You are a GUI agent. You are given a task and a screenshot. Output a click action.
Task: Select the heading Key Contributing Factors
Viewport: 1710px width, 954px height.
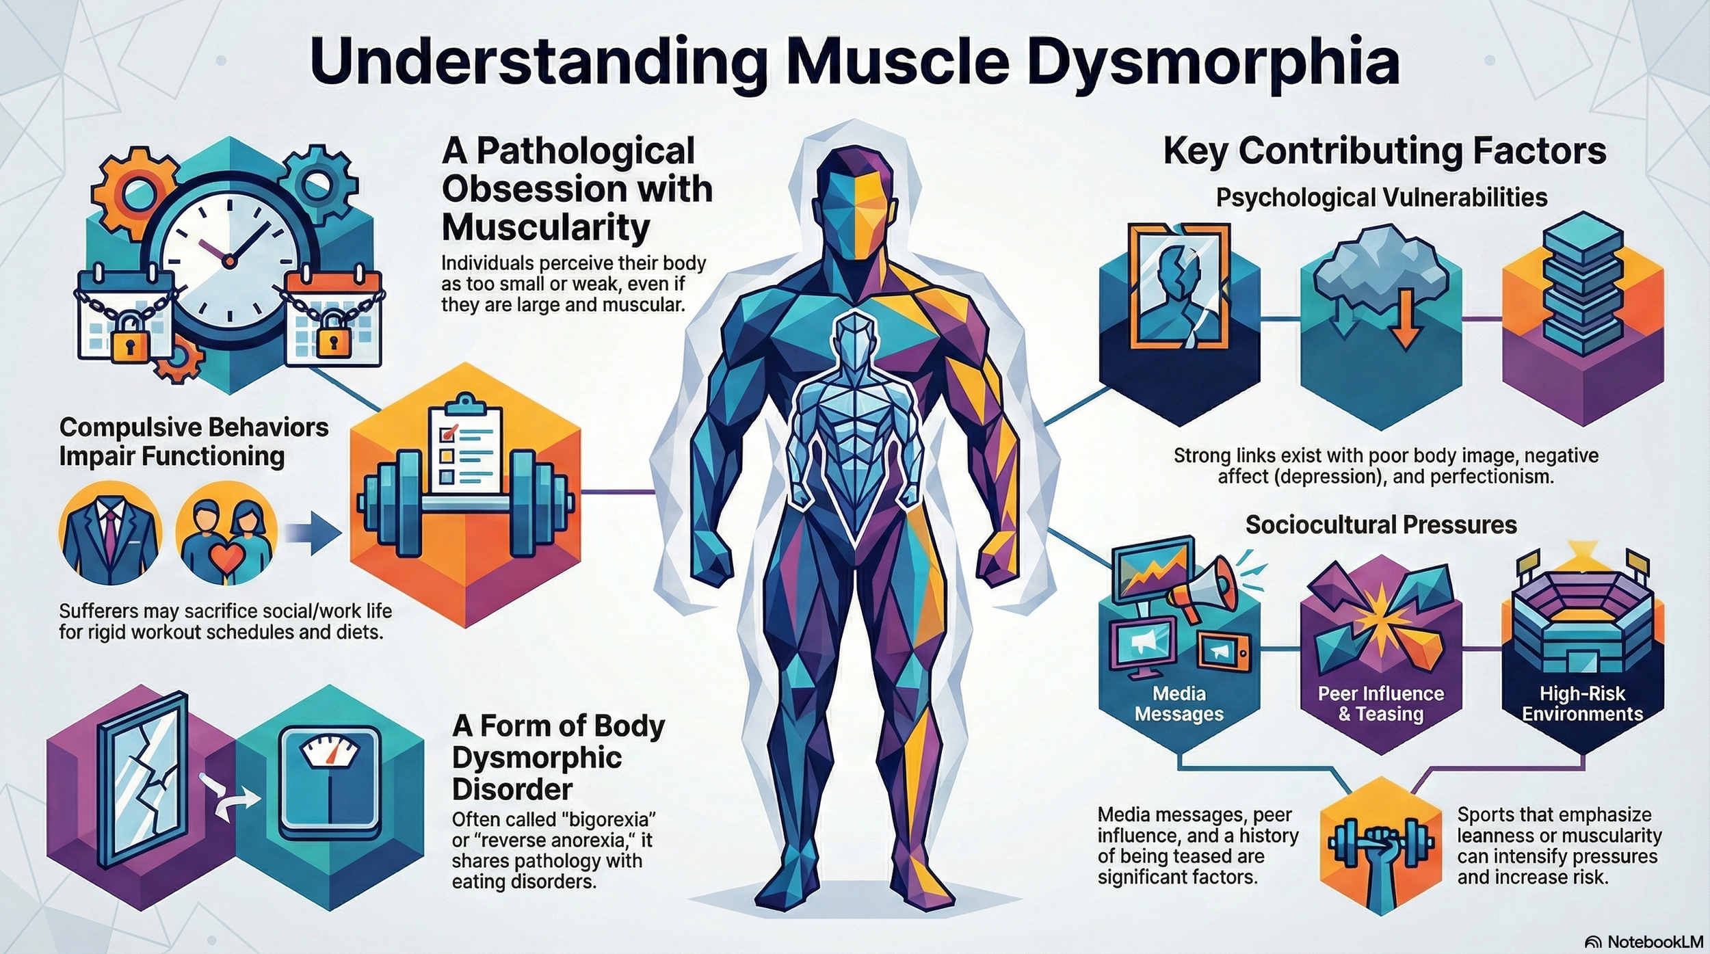click(x=1384, y=152)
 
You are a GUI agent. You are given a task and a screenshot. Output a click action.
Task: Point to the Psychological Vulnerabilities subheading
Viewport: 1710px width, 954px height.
click(x=1382, y=198)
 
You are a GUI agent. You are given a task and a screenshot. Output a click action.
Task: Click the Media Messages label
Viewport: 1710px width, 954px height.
click(x=1179, y=704)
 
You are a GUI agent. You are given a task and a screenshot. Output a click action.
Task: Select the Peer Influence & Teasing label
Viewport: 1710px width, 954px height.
click(x=1380, y=704)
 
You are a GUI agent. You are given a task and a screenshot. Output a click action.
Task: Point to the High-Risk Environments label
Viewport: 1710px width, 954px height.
click(x=1582, y=704)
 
